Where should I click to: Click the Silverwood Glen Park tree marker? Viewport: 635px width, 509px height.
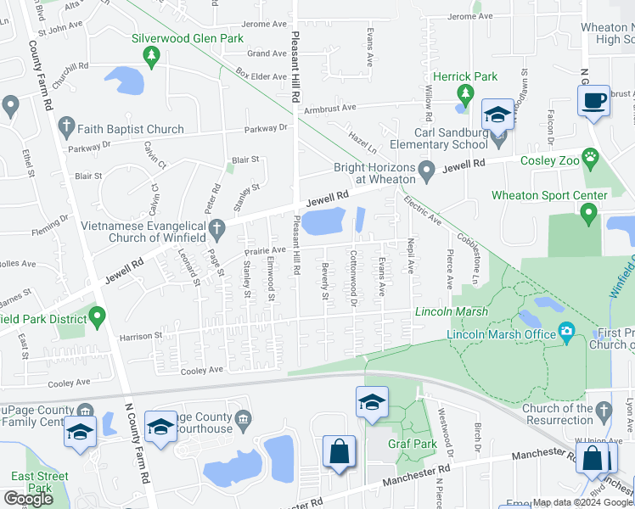(152, 56)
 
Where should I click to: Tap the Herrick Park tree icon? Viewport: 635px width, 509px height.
(464, 92)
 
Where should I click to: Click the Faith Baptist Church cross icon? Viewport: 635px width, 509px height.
(65, 128)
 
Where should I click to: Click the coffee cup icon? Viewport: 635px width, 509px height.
(593, 100)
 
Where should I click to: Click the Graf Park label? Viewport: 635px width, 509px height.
(413, 443)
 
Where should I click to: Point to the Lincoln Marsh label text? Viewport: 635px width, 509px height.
(451, 312)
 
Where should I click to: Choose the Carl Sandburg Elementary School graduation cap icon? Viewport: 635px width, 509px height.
(497, 115)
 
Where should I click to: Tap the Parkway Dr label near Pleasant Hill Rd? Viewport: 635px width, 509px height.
(267, 129)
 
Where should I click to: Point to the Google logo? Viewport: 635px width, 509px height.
(28, 498)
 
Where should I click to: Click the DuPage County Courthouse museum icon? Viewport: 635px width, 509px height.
(244, 417)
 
